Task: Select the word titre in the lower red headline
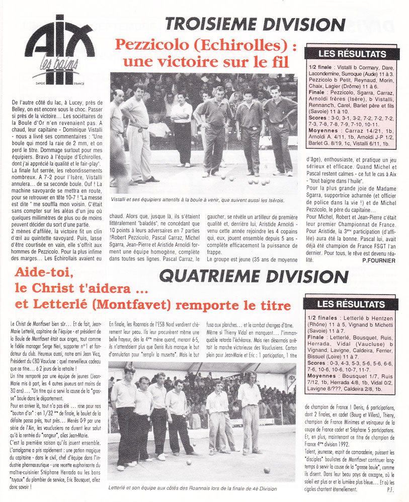coord(272,305)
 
